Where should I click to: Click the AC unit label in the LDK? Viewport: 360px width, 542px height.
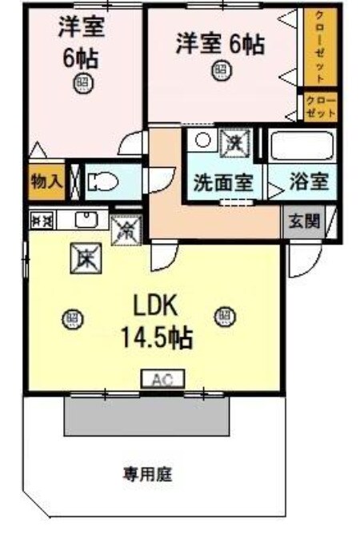(x=164, y=379)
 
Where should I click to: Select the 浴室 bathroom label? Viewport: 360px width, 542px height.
(x=308, y=181)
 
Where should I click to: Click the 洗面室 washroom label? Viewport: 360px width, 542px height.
(x=223, y=182)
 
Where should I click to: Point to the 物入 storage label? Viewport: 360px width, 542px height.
(x=46, y=181)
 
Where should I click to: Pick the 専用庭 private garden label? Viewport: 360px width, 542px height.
(x=147, y=474)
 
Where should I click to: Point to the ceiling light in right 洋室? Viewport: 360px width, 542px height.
(x=219, y=71)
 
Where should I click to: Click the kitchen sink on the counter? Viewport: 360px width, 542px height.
(x=84, y=218)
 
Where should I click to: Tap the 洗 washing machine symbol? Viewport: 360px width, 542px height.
(x=235, y=144)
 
